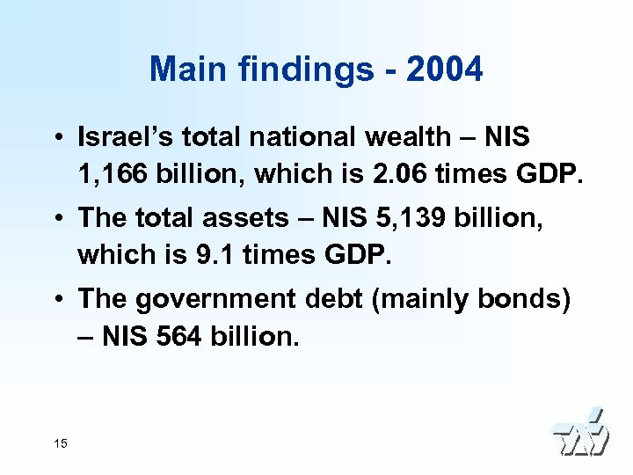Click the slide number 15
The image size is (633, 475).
[x=60, y=443]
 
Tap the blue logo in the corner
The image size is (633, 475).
[x=581, y=433]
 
